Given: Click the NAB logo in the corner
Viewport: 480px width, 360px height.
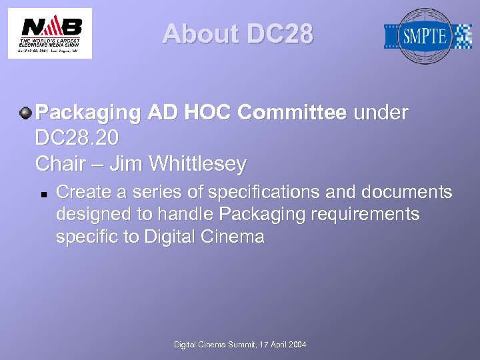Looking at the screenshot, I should pos(50,33).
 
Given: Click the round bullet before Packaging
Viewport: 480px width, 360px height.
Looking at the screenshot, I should pos(25,113).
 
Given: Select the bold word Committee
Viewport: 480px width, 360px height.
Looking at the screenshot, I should pos(292,113).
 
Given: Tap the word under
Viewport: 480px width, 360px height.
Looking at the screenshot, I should pos(381,113).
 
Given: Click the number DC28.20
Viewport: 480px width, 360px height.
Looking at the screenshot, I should pos(77,138).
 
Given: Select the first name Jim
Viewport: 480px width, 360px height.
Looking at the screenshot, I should pos(126,163).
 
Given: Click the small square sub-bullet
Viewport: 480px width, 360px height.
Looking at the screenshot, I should pos(42,193).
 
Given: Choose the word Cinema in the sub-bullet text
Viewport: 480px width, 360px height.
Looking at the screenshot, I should pos(235,237).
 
